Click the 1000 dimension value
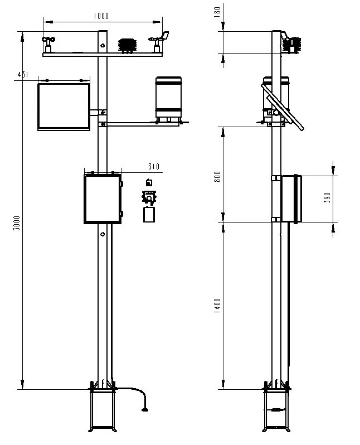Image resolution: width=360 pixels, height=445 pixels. pyautogui.click(x=101, y=16)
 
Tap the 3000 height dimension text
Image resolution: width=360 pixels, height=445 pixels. pyautogui.click(x=17, y=223)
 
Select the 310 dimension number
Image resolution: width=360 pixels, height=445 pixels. pyautogui.click(x=154, y=166)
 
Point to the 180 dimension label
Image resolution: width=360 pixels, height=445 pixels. pyautogui.click(x=217, y=12)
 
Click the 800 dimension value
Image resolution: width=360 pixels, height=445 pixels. pyautogui.click(x=217, y=177)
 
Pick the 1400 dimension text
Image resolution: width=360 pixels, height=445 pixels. pyautogui.click(x=217, y=306)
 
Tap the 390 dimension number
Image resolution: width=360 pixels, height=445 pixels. pyautogui.click(x=327, y=198)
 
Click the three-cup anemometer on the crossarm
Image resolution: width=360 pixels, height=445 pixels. pyautogui.click(x=48, y=44)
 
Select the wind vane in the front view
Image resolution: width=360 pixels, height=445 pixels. pyautogui.click(x=159, y=42)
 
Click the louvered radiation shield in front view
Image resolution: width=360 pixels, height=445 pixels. pyautogui.click(x=127, y=46)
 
